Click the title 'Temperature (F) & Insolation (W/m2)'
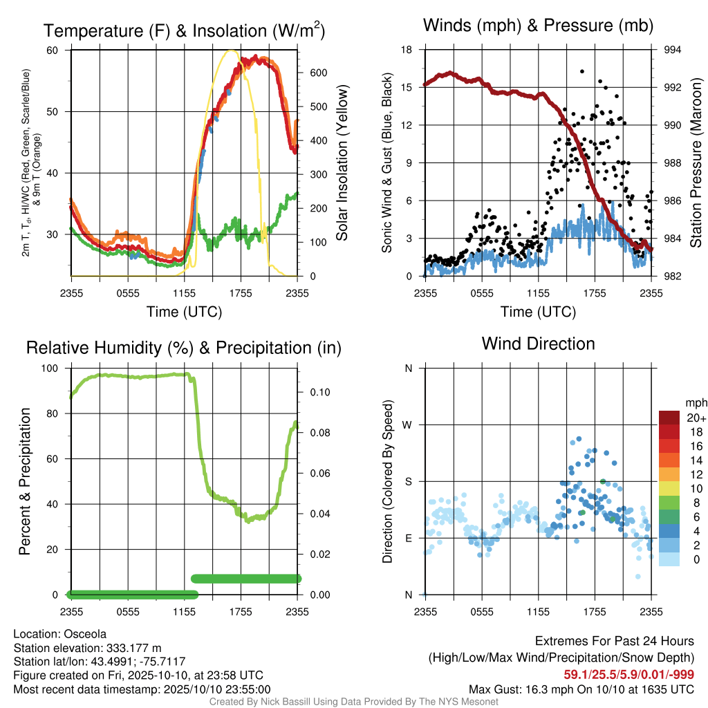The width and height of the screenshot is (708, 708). (184, 30)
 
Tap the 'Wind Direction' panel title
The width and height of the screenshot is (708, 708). (538, 344)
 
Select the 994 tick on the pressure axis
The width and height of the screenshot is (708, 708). (672, 50)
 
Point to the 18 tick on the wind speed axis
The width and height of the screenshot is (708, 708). (407, 50)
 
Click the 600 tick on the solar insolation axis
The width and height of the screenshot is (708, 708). (318, 73)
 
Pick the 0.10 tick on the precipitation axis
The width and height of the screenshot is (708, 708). (320, 392)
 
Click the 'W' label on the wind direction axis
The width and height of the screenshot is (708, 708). (407, 425)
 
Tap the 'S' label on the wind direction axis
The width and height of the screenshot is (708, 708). (408, 481)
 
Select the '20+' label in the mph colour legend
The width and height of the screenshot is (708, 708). (696, 418)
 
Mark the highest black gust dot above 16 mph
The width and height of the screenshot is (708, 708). (582, 71)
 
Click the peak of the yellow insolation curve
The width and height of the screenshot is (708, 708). (231, 50)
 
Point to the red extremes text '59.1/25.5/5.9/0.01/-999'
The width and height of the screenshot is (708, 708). (628, 675)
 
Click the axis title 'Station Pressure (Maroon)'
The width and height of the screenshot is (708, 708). (696, 162)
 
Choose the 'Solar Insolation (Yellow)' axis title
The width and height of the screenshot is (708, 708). (342, 162)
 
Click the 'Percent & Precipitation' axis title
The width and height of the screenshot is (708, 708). (24, 481)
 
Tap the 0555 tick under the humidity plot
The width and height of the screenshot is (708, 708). (128, 612)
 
